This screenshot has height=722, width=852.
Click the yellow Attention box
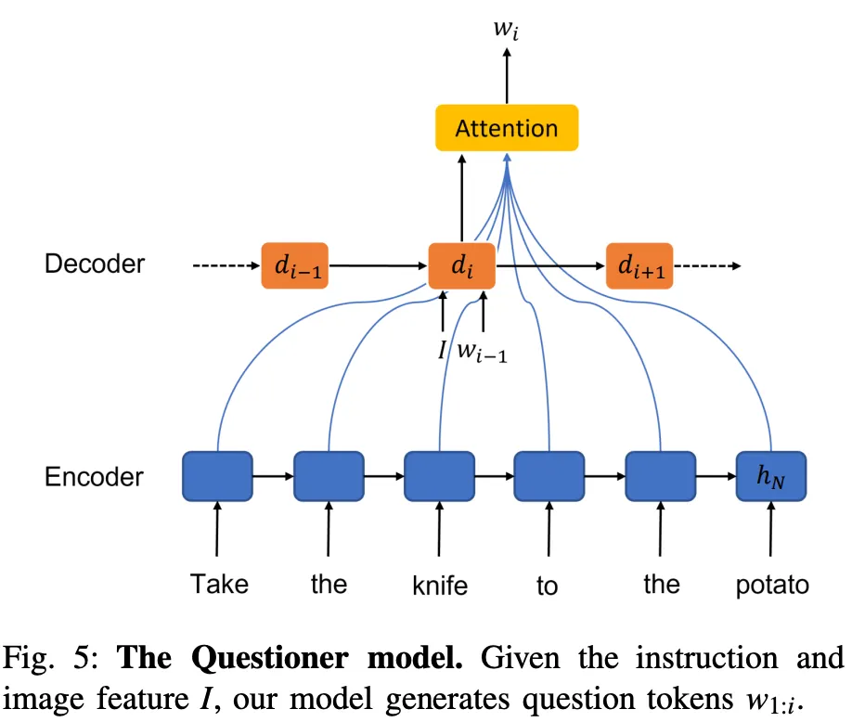(507, 128)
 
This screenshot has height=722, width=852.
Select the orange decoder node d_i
(461, 266)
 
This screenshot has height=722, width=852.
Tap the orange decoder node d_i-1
(294, 266)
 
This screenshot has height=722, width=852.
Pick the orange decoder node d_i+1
(639, 266)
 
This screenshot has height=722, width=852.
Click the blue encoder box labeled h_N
(770, 476)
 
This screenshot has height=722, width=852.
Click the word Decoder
(95, 264)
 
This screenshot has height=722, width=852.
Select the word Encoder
(94, 477)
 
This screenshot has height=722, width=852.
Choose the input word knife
(439, 586)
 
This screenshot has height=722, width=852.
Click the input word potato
(771, 586)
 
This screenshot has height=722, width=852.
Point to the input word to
(548, 586)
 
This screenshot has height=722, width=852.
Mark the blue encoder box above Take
(217, 476)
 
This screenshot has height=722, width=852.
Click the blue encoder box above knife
(439, 476)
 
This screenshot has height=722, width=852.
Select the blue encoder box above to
(549, 476)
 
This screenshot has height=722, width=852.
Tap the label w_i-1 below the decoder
(487, 353)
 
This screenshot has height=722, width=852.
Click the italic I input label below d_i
(443, 351)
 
